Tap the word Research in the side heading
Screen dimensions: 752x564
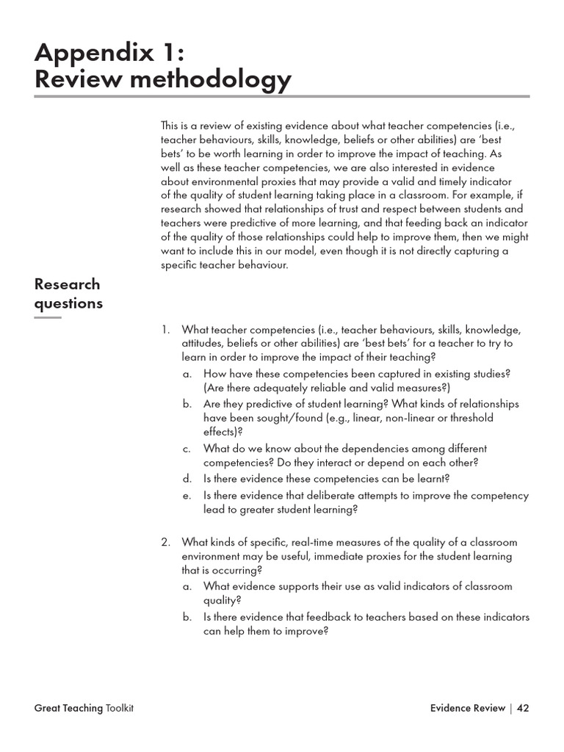point(68,284)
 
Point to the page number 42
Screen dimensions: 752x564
point(523,708)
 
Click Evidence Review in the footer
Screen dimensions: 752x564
point(468,708)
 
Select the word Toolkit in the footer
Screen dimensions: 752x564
point(120,708)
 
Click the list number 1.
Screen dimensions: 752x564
point(165,330)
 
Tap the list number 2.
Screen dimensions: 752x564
point(165,543)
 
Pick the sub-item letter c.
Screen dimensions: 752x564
point(187,449)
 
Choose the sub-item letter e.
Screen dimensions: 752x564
point(187,496)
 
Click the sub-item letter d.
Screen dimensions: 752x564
point(187,479)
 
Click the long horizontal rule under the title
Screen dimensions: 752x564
point(282,96)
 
